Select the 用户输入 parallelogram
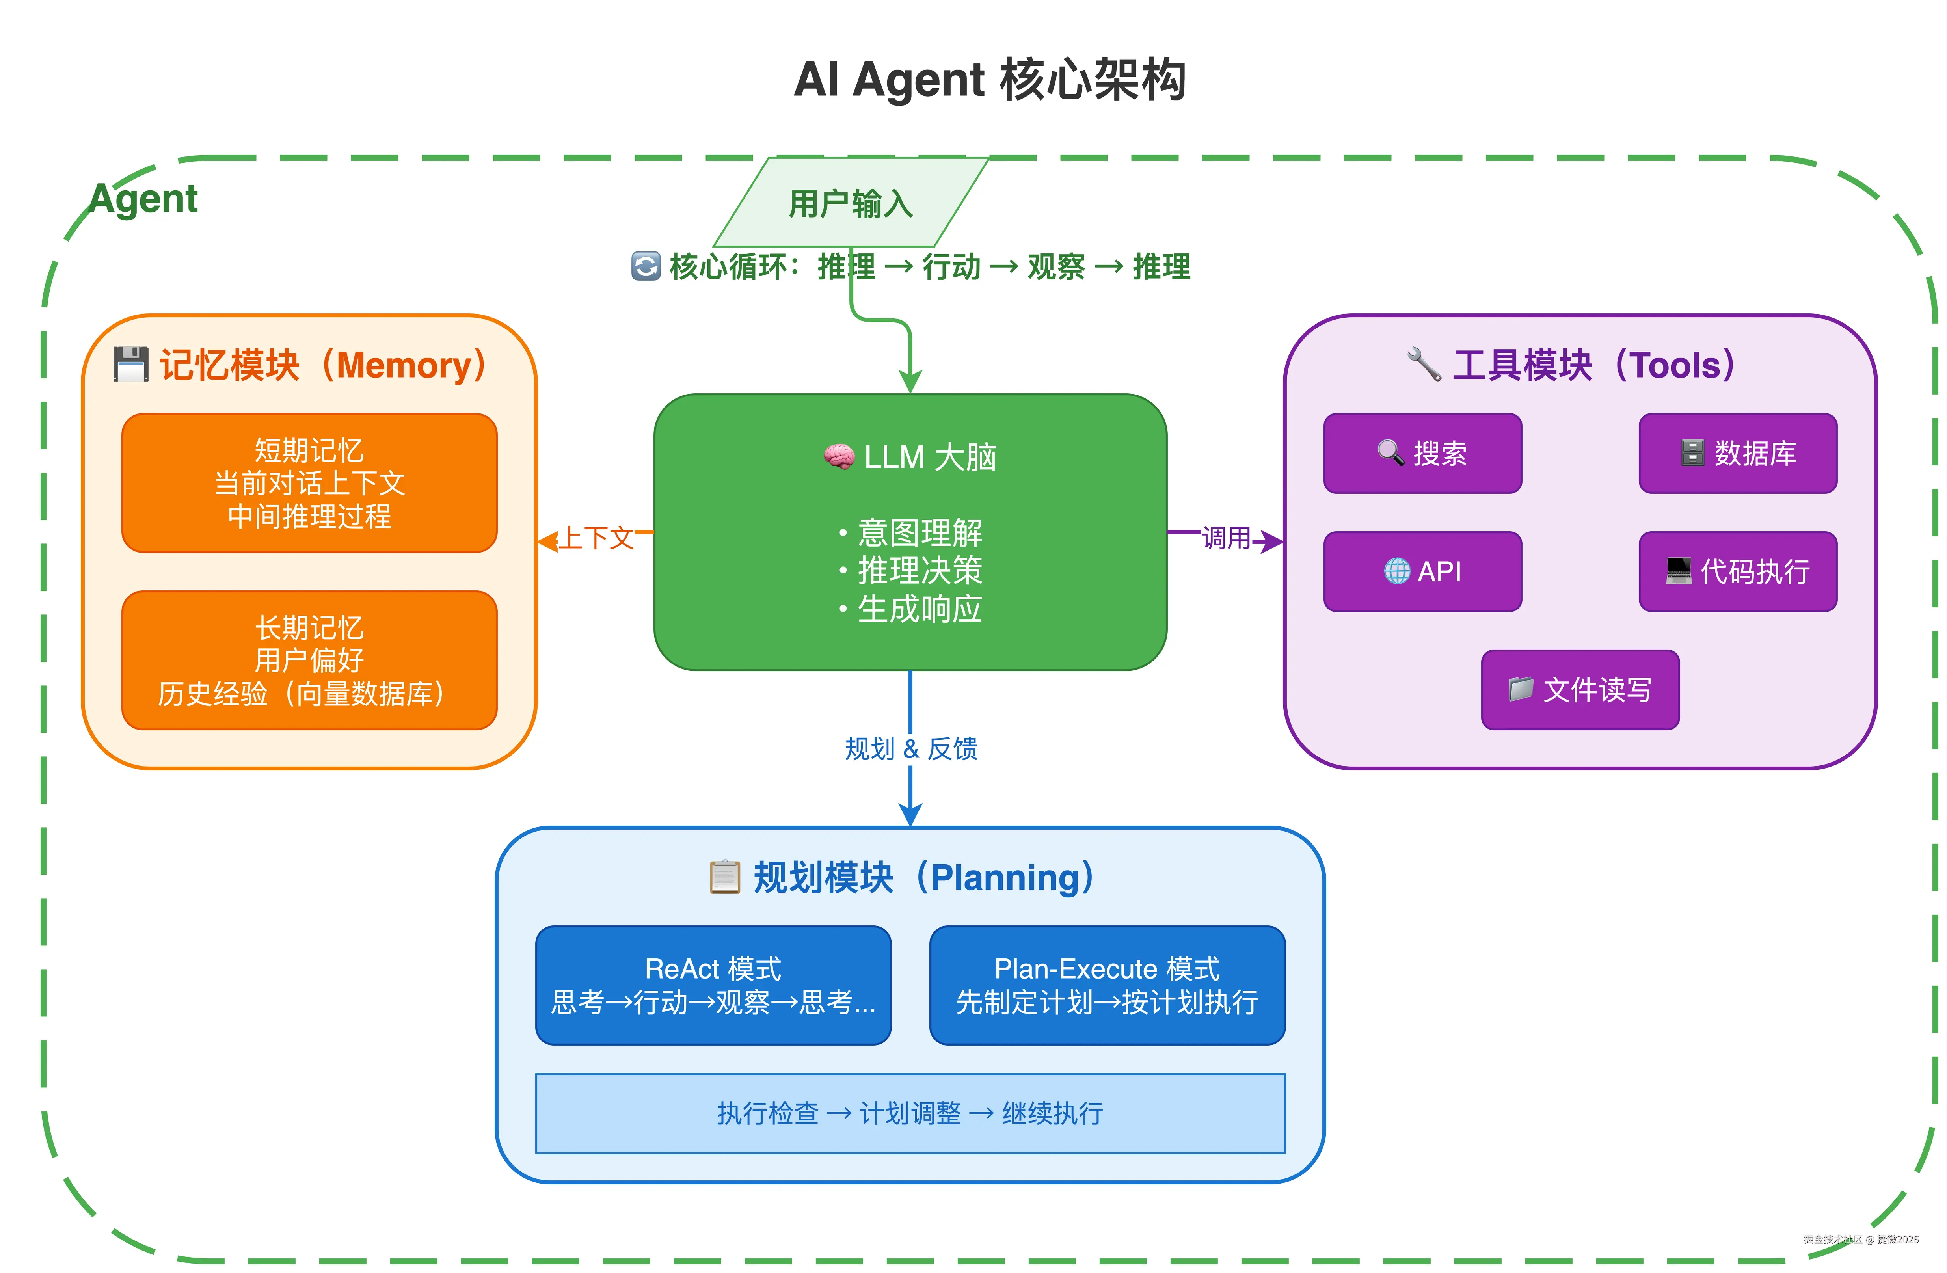(x=851, y=203)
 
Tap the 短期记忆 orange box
(x=309, y=483)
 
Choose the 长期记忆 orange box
(x=309, y=660)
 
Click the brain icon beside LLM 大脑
(x=839, y=456)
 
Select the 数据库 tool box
(x=1738, y=453)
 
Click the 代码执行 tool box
(x=1738, y=571)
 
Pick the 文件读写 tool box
(x=1580, y=690)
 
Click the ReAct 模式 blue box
(x=713, y=985)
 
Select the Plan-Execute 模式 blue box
(x=1107, y=985)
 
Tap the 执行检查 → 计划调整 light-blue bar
(x=910, y=1113)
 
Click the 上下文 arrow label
(x=596, y=538)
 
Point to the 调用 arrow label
(x=1225, y=538)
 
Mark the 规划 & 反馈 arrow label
(x=910, y=748)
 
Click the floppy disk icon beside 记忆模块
(x=130, y=364)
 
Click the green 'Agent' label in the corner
(x=144, y=199)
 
